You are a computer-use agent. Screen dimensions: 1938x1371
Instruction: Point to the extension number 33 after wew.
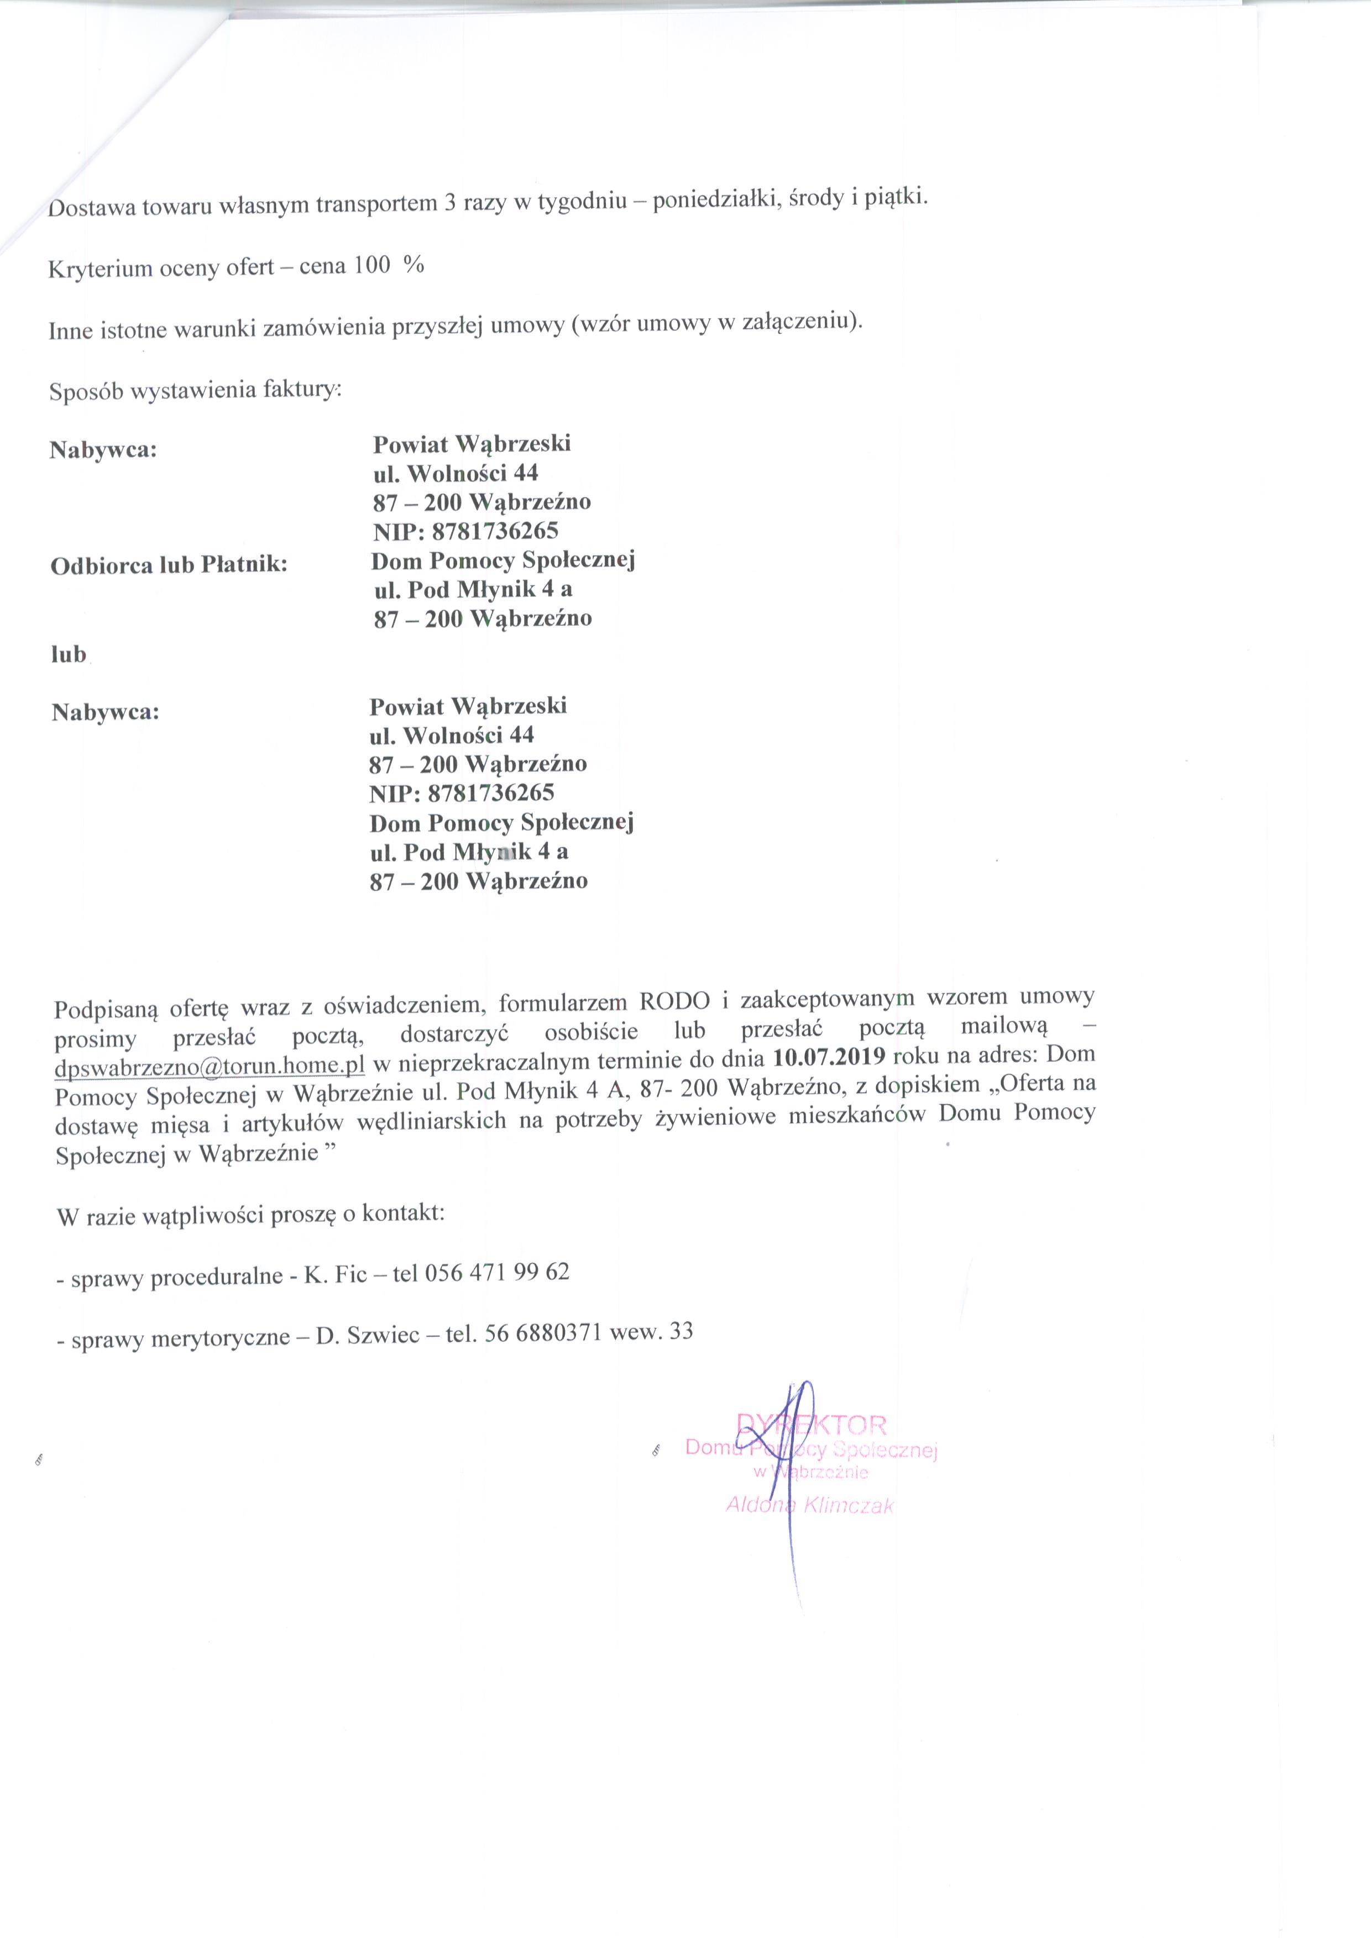681,1331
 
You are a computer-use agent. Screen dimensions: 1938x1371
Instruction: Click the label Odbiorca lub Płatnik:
169,565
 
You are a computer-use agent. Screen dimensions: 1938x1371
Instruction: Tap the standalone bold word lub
69,654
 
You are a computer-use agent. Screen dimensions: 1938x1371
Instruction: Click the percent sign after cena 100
414,265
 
